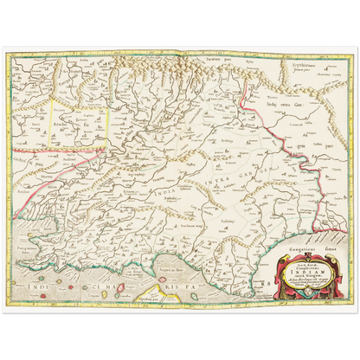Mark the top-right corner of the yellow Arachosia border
point(107,107)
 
